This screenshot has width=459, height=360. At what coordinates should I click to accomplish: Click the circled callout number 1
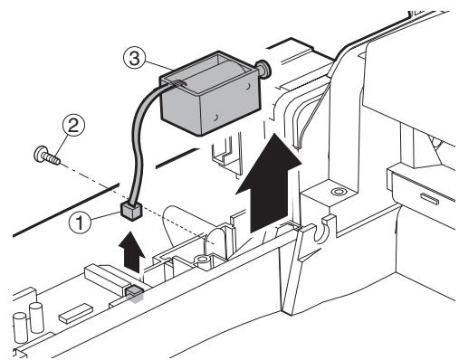(80, 223)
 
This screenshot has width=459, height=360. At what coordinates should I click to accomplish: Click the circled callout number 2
(73, 125)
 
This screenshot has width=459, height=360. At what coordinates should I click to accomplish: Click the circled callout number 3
(135, 59)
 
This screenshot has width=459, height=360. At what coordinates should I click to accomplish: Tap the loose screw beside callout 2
(47, 156)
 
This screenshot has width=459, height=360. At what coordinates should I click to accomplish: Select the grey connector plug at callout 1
(131, 212)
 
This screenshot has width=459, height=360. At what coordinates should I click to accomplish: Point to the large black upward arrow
(269, 183)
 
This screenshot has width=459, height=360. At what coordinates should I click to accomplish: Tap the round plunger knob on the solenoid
(263, 70)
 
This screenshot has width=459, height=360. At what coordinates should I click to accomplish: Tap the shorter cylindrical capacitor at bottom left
(21, 327)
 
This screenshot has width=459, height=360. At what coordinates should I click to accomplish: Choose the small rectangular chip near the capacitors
(75, 314)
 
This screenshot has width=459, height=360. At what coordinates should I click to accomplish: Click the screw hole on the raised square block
(337, 192)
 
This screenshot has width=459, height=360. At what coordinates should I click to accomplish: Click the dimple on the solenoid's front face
(215, 118)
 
